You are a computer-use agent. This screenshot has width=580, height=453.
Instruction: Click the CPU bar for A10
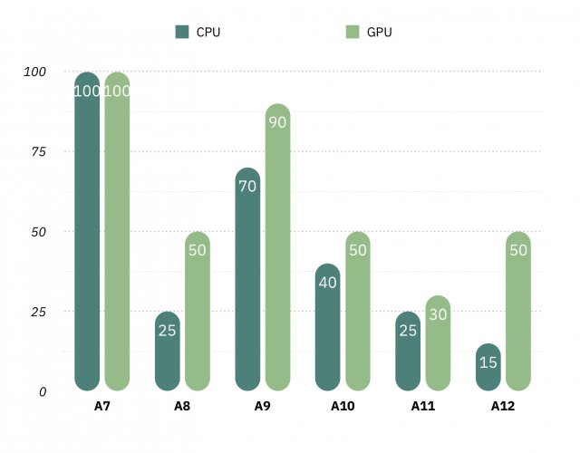(328, 327)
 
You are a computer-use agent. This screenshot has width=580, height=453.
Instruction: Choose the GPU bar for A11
(438, 343)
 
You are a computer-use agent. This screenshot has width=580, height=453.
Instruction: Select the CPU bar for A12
(488, 367)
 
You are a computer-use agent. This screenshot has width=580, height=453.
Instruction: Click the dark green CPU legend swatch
(180, 33)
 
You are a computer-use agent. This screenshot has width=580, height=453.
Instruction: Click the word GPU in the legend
(381, 33)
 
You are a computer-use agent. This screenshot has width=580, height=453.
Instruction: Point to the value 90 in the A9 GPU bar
(277, 122)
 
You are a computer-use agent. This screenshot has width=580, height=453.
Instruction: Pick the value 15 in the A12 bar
(488, 362)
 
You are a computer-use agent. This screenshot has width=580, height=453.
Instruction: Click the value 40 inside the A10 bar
(328, 283)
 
